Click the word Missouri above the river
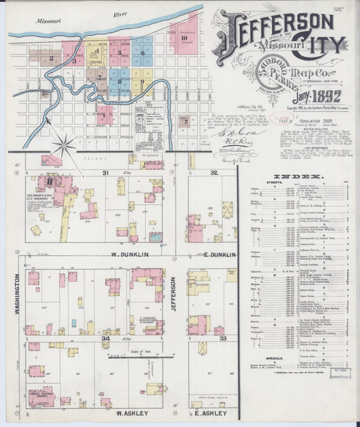49,21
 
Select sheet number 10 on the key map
183,38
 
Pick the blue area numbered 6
142,51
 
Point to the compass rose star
66,143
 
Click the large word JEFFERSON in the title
273,24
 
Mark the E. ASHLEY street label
211,412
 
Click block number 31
105,173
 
